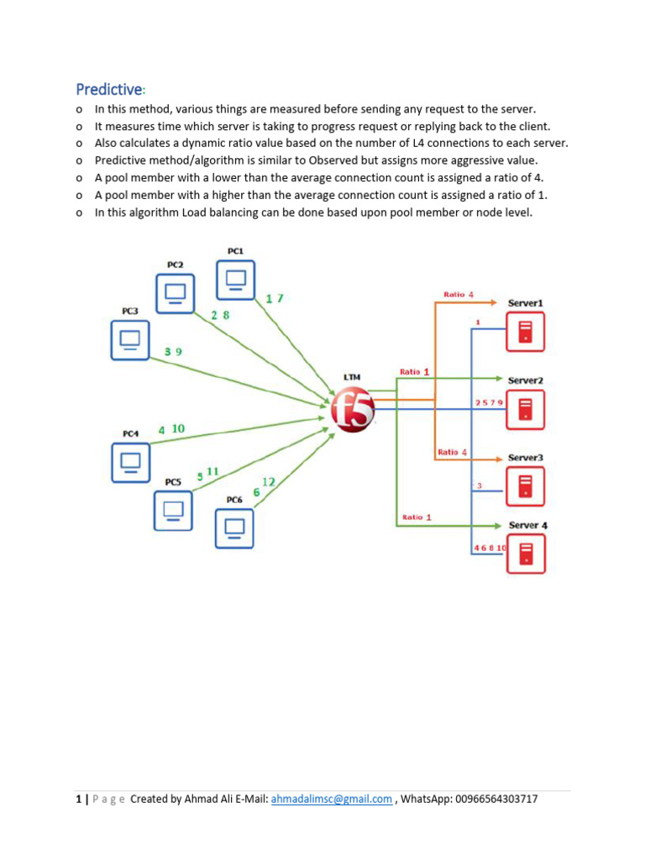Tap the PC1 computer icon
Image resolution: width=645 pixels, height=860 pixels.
tap(236, 280)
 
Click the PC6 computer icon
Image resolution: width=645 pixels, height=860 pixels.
tap(235, 528)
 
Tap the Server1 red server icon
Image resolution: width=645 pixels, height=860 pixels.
tap(525, 332)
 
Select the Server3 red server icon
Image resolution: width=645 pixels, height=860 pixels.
tap(525, 486)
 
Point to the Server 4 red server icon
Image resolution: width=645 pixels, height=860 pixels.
tap(525, 553)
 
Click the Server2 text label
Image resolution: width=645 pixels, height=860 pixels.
tap(525, 380)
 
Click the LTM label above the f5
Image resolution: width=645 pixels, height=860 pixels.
tap(351, 378)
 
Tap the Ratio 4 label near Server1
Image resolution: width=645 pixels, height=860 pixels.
tap(459, 295)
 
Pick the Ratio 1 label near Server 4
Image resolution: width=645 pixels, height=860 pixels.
tap(417, 517)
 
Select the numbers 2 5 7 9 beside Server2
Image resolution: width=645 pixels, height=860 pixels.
tap(489, 403)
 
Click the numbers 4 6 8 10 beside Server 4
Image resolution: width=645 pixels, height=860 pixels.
tap(490, 548)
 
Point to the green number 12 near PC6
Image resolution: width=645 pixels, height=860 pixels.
tap(269, 482)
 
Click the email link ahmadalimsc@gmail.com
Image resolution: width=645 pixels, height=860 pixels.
tap(332, 800)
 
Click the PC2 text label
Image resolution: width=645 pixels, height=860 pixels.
tap(175, 265)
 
